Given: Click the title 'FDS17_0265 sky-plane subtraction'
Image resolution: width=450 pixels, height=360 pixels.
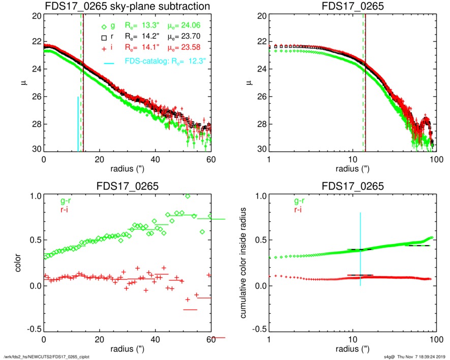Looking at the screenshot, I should click(x=127, y=7).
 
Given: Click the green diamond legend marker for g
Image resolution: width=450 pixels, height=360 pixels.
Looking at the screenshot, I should click(x=104, y=27).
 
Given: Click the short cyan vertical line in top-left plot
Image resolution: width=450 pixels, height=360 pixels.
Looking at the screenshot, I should click(x=78, y=124).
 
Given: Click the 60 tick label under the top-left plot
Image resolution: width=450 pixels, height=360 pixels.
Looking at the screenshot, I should click(x=211, y=159).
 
